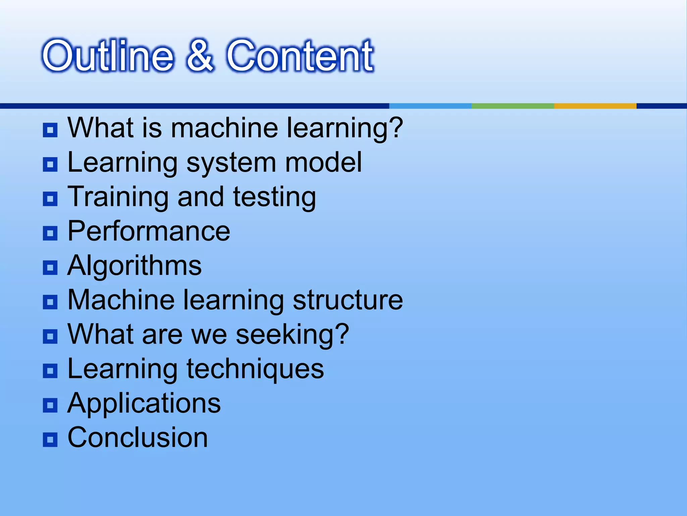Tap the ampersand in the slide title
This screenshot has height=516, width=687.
[x=200, y=56]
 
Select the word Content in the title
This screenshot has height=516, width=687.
[x=300, y=56]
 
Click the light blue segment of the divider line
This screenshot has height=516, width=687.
[x=430, y=106]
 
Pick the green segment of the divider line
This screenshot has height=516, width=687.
[x=513, y=106]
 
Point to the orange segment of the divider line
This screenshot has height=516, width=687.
[x=595, y=106]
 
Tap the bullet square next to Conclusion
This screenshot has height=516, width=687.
[x=50, y=439]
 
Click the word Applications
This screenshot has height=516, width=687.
[x=144, y=403]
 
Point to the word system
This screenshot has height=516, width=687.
[x=231, y=163]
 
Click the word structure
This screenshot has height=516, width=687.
[x=348, y=300]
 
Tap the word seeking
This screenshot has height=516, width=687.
[x=292, y=335]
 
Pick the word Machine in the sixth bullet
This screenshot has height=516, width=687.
[x=121, y=300]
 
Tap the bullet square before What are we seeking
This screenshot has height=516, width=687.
[x=50, y=336]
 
